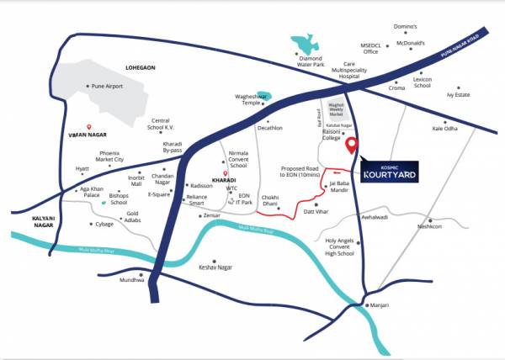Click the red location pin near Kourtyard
click(353, 146)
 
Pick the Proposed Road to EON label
click(300, 172)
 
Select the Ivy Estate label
click(465, 96)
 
